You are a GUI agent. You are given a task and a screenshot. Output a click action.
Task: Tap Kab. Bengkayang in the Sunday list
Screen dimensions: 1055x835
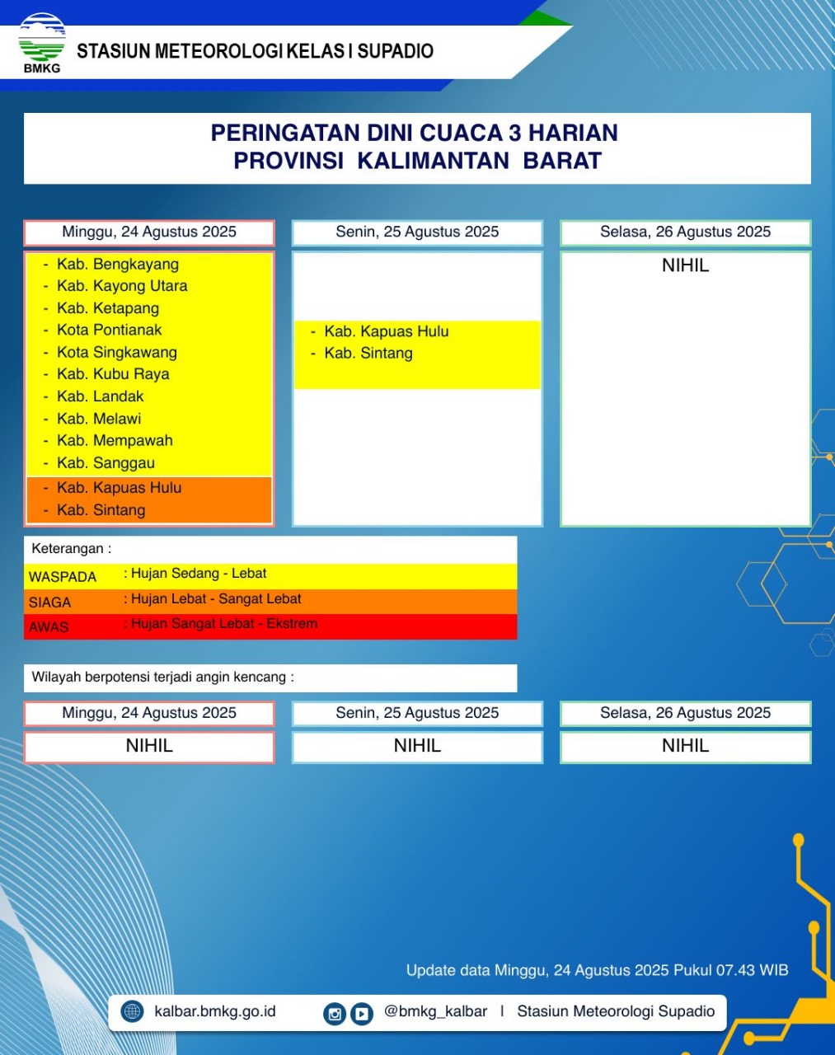coord(117,265)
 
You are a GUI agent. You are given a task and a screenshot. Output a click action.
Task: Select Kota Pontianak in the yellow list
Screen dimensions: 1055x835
coord(109,331)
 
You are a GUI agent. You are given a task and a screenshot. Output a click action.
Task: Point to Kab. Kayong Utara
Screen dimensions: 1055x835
coord(121,286)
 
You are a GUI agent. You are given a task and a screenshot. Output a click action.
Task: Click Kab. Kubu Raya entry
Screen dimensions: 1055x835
coord(113,374)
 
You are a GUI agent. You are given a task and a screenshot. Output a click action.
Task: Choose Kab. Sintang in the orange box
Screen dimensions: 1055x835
coord(101,510)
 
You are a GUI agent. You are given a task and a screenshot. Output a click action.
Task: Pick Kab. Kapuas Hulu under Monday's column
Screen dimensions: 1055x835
coord(386,331)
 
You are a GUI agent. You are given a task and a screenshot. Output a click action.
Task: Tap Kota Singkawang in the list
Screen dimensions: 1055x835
coord(116,353)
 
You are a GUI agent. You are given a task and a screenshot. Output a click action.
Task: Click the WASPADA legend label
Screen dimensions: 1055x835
coord(63,577)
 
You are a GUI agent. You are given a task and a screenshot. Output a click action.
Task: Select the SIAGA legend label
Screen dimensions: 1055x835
coord(49,603)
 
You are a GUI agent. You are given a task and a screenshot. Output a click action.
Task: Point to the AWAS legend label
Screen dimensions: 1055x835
coord(49,627)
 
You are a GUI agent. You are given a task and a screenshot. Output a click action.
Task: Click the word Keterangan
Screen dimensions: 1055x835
coord(68,549)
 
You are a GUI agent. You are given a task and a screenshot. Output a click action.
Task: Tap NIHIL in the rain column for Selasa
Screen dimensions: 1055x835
coord(685,265)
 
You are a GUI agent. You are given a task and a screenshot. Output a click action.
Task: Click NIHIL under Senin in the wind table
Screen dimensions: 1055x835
coord(417,746)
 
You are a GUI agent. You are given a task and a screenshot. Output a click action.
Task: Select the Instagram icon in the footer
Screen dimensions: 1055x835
coord(335,1014)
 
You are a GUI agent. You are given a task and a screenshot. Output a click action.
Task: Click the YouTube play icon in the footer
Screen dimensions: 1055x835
coord(362,1014)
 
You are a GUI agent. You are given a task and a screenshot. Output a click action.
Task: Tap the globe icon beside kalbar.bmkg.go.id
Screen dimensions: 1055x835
coord(132,1011)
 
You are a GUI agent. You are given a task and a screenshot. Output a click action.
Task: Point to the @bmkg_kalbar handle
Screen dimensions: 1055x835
coord(435,1011)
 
